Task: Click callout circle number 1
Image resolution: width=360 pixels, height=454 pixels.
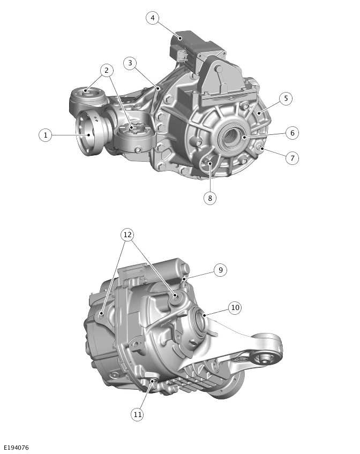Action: coord(46,135)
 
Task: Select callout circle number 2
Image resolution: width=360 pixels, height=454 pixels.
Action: coord(107,70)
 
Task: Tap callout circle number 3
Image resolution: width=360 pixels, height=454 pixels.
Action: coord(129,63)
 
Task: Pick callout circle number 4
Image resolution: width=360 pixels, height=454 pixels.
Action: coord(153,18)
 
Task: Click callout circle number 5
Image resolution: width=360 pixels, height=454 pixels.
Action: coord(286,99)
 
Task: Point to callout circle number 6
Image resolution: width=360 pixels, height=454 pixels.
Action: coord(292,133)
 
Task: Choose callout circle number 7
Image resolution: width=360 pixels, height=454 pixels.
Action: coord(292,158)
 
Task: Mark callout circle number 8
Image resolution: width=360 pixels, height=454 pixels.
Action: coord(210,198)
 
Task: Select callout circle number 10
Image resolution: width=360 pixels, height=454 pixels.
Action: coord(235,308)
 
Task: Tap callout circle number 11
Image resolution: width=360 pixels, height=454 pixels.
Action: coord(138,414)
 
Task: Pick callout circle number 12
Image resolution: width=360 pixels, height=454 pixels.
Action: coord(127,235)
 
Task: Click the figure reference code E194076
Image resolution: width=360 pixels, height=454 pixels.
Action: coord(16,448)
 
